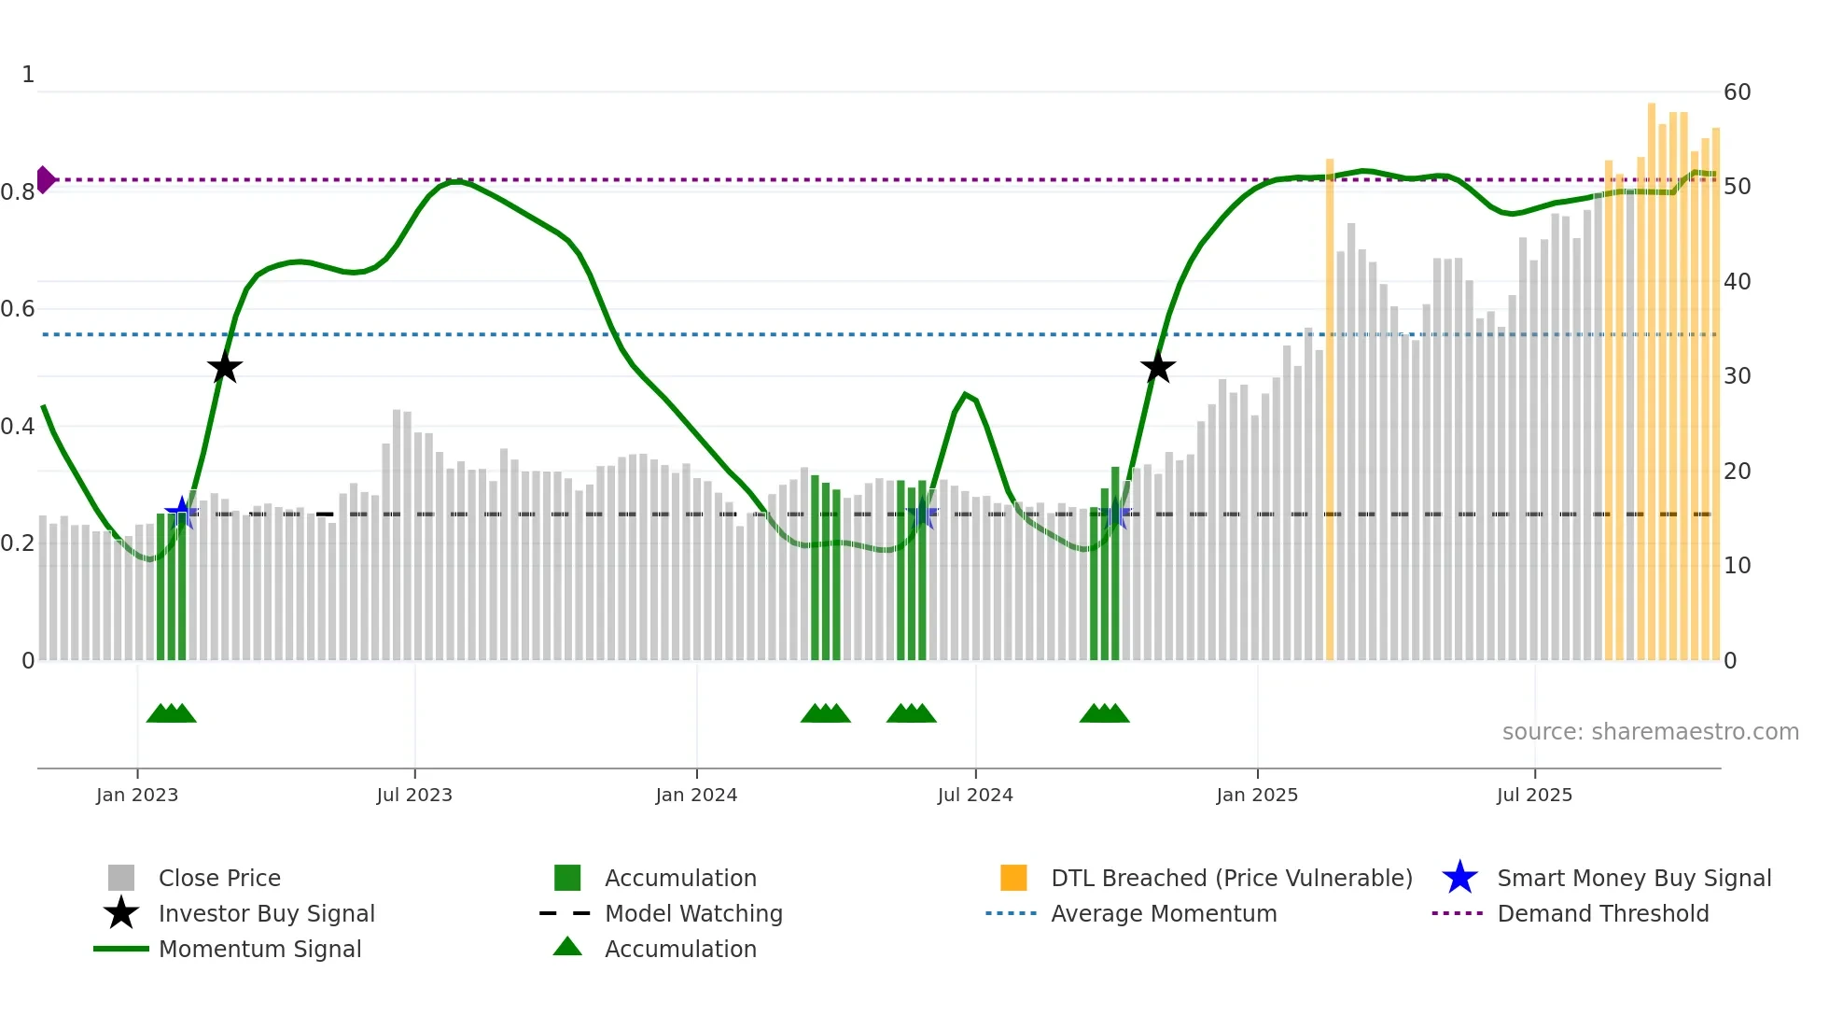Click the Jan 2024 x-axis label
click(x=696, y=795)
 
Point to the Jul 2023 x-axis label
click(x=414, y=795)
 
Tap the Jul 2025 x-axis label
click(x=1534, y=795)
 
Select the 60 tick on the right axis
click(x=1737, y=92)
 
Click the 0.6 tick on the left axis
click(x=18, y=309)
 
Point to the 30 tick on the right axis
click(x=1737, y=376)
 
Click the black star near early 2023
click(x=225, y=368)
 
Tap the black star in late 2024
click(x=1157, y=368)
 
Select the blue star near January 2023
click(x=182, y=513)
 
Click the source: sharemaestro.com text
click(x=1650, y=732)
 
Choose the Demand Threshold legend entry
click(x=1602, y=913)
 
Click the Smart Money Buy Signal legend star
click(x=1459, y=878)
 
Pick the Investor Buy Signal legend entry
click(x=266, y=913)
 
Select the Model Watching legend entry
click(x=692, y=913)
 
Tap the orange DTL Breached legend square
click(x=1013, y=878)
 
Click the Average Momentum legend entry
click(x=1163, y=913)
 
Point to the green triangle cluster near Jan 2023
click(x=172, y=713)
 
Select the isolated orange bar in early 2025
click(x=1330, y=411)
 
